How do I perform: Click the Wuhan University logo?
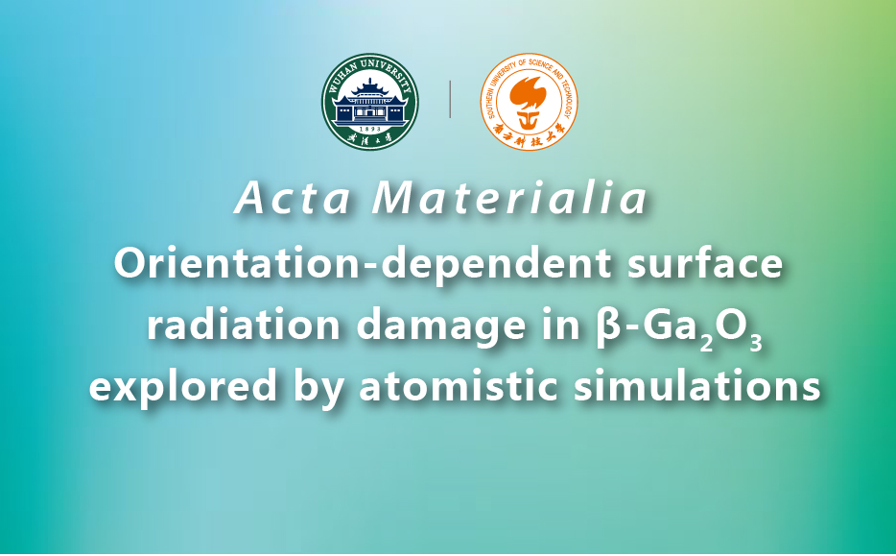369,101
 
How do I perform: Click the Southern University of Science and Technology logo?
529,101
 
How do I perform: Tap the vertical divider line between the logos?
450,99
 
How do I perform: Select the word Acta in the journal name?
292,199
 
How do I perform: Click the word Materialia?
510,199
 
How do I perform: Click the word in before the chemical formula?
560,325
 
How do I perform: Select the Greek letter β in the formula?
605,326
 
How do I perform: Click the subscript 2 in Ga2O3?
706,342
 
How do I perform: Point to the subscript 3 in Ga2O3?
755,342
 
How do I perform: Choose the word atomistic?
459,385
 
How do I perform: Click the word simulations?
697,385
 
